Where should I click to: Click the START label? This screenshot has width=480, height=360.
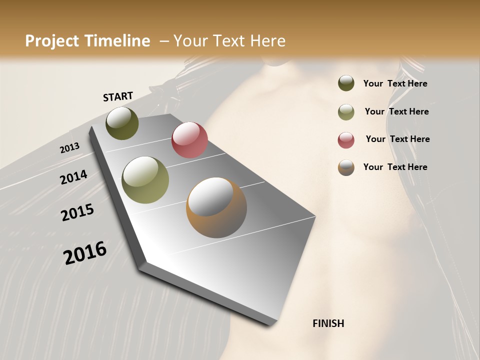pos(118,96)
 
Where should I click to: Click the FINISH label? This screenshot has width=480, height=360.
pos(328,323)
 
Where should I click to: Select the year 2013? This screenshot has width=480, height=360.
pos(69,148)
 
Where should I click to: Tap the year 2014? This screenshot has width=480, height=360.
pos(73,177)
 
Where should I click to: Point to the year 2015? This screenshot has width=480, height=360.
pos(77,212)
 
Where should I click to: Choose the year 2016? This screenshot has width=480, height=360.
pos(85,253)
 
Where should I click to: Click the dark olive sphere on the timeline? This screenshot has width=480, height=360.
pos(122,123)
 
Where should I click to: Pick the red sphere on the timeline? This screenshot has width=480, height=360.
pos(189,140)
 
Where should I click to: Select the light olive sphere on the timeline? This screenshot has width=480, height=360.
pos(145,180)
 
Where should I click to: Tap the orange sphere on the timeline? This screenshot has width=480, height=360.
pos(216,207)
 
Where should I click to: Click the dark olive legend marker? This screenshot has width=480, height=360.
pos(346,83)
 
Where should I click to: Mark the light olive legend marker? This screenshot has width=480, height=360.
pos(346,111)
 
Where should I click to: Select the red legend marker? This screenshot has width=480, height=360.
pos(346,140)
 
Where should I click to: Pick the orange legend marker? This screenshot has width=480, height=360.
pos(346,167)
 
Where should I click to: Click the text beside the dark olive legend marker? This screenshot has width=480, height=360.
pos(395,84)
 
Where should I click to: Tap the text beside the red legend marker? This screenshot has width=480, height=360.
pos(397,139)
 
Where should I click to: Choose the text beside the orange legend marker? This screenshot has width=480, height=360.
pos(395,167)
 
